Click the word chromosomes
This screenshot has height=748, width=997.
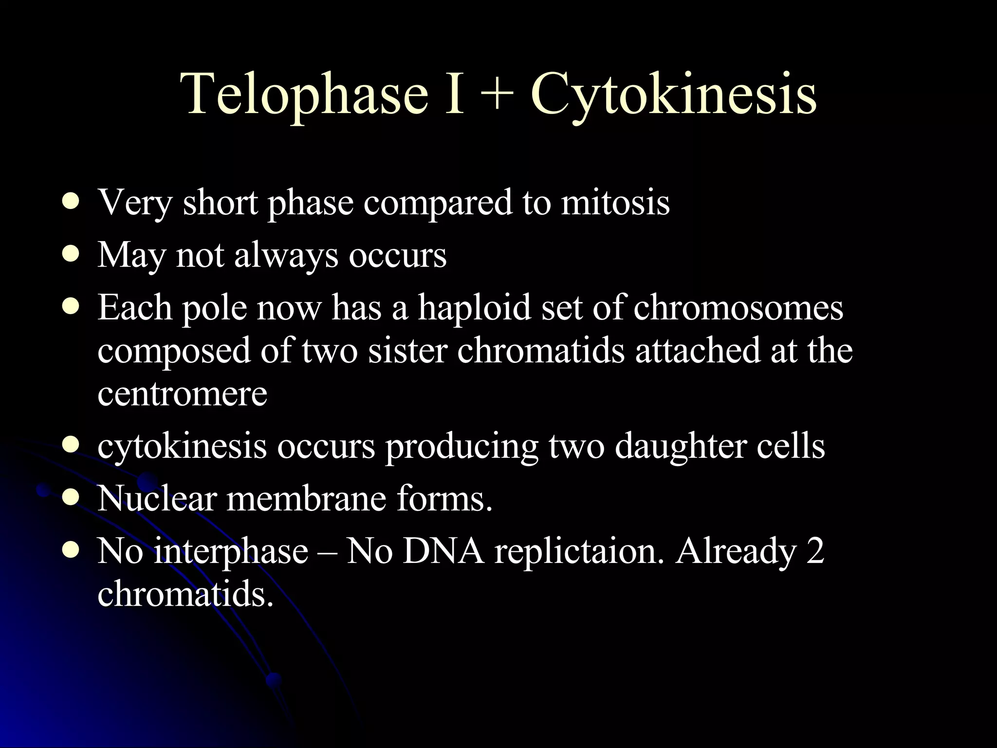pos(739,308)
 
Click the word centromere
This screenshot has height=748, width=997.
pos(182,393)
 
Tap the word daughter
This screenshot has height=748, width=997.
pos(680,446)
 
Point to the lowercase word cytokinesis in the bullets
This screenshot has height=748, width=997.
pos(182,446)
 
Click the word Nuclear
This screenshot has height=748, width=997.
pos(157,499)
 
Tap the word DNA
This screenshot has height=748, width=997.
pos(443,551)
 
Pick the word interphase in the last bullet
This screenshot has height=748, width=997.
pos(231,552)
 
